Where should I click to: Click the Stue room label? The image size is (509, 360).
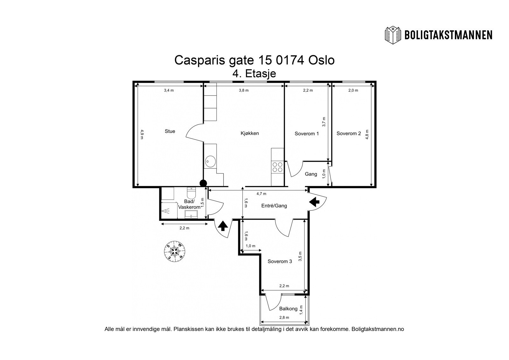point(170,131)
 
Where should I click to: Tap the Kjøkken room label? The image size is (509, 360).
point(250,133)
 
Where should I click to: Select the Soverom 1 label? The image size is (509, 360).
point(307,133)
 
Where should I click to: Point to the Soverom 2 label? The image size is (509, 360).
point(349,133)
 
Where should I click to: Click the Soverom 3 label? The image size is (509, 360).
point(280,261)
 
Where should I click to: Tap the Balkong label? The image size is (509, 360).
point(288,309)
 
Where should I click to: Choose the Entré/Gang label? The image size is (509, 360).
point(274,206)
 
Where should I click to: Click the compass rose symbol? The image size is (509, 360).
point(175,251)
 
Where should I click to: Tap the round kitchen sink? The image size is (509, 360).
point(210,161)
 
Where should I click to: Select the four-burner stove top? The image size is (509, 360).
point(277,167)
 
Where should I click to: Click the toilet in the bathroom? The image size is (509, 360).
point(191,193)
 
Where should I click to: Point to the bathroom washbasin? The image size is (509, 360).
point(191,214)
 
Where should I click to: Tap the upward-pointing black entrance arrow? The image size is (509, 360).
point(223,226)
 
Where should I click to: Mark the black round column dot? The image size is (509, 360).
point(203,183)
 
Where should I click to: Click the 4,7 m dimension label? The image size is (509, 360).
point(261,194)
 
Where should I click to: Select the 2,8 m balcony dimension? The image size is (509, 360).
point(284,317)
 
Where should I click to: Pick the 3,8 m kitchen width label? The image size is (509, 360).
point(244,90)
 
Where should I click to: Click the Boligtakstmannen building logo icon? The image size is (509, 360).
point(393,35)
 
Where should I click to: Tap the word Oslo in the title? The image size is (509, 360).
point(321,60)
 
